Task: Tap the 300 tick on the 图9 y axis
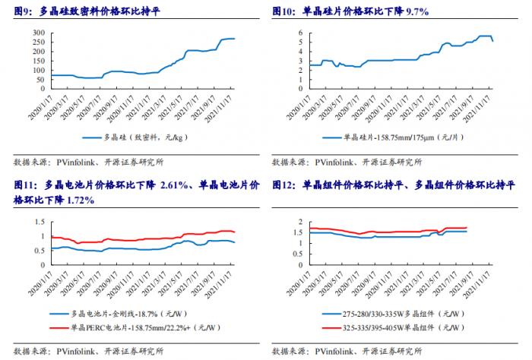point(36,33)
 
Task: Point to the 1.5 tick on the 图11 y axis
point(34,221)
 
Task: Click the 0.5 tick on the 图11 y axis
point(34,250)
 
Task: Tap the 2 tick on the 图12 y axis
point(302,221)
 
